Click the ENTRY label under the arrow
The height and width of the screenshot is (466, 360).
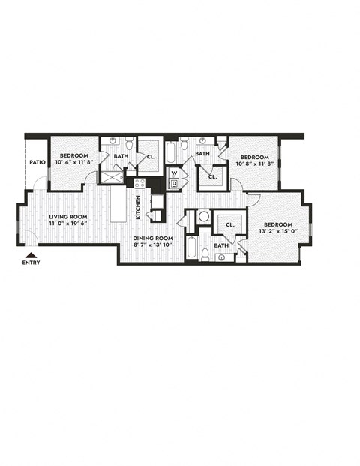[x=31, y=263]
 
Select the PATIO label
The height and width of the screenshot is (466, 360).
[x=37, y=161]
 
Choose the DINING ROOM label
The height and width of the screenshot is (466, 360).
[x=152, y=238]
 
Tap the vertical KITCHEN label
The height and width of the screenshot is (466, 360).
[x=138, y=207]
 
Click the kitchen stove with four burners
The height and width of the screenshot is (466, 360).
[x=139, y=182]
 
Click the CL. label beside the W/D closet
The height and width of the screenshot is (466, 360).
[x=151, y=158]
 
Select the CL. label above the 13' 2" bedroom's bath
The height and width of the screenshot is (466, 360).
[x=230, y=224]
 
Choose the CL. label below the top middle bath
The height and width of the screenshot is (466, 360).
[x=212, y=177]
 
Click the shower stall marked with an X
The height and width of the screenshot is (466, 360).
[x=112, y=178]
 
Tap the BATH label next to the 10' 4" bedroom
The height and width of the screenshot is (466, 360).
[x=121, y=157]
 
